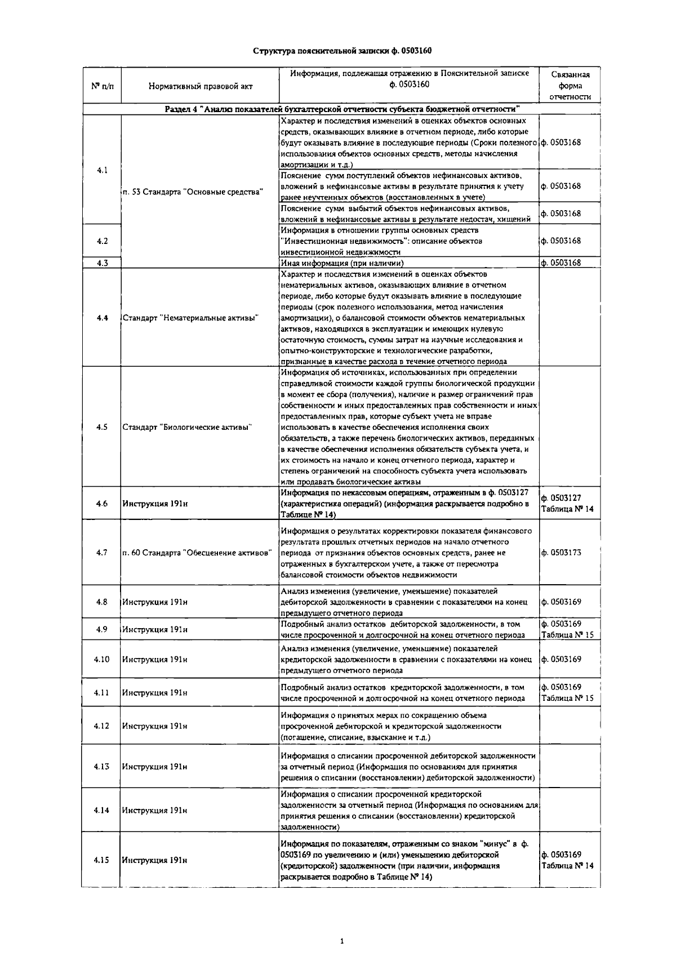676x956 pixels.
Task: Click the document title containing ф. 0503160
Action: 342,51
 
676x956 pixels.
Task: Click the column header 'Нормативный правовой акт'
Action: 201,86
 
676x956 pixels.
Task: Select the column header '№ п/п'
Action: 102,86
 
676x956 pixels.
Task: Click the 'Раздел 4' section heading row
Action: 342,109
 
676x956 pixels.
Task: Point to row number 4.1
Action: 102,170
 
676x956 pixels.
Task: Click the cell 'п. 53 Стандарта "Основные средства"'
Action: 193,192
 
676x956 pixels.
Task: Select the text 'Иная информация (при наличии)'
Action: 343,263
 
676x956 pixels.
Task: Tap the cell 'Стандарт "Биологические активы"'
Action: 187,427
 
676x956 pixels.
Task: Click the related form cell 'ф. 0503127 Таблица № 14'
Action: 567,504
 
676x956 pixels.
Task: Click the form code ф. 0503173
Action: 561,553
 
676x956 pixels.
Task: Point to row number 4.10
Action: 102,659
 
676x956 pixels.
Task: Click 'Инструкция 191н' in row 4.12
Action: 155,726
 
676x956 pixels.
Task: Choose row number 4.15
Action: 102,860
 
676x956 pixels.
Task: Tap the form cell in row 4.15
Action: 567,860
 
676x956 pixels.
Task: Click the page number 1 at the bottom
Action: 342,940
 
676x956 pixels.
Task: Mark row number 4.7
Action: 102,553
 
